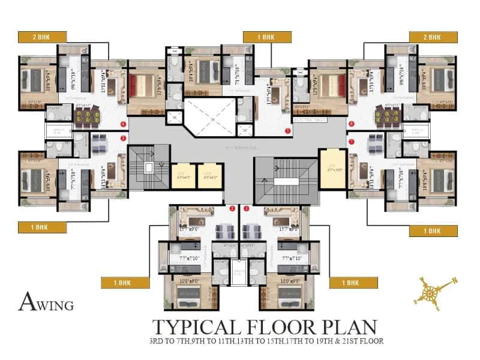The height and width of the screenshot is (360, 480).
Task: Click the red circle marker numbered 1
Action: coord(246,208)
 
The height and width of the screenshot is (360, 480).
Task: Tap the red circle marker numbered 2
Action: coord(232,208)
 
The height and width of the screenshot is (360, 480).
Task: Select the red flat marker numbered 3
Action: coord(123,139)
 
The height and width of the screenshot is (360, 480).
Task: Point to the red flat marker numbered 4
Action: coord(123,125)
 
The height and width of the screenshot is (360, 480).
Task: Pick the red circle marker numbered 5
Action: coord(288,130)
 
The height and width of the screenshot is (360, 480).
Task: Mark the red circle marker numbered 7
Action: coord(352,142)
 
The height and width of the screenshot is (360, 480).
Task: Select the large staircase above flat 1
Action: coord(283,179)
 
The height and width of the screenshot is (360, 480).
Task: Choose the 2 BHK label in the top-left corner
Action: coord(42,37)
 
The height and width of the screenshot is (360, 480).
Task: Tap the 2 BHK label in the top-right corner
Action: coord(433,37)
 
